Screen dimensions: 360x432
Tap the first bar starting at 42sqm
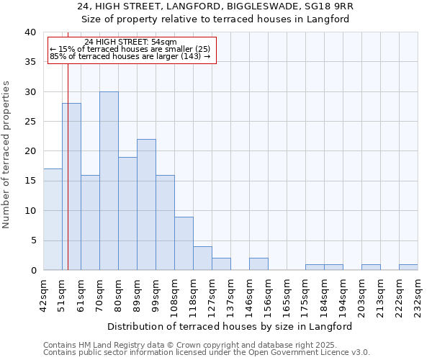(x=53, y=219)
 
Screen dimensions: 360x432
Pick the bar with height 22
(x=146, y=204)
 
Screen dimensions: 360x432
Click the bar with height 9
(x=184, y=243)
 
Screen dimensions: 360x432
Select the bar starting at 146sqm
(x=258, y=264)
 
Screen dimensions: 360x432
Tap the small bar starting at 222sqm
(x=408, y=267)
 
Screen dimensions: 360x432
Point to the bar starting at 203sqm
(x=371, y=267)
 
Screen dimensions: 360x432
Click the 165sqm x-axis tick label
(x=287, y=293)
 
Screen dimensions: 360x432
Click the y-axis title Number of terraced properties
(x=6, y=154)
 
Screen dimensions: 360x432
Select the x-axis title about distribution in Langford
(x=230, y=326)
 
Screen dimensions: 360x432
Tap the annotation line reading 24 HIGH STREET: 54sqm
(x=130, y=42)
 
